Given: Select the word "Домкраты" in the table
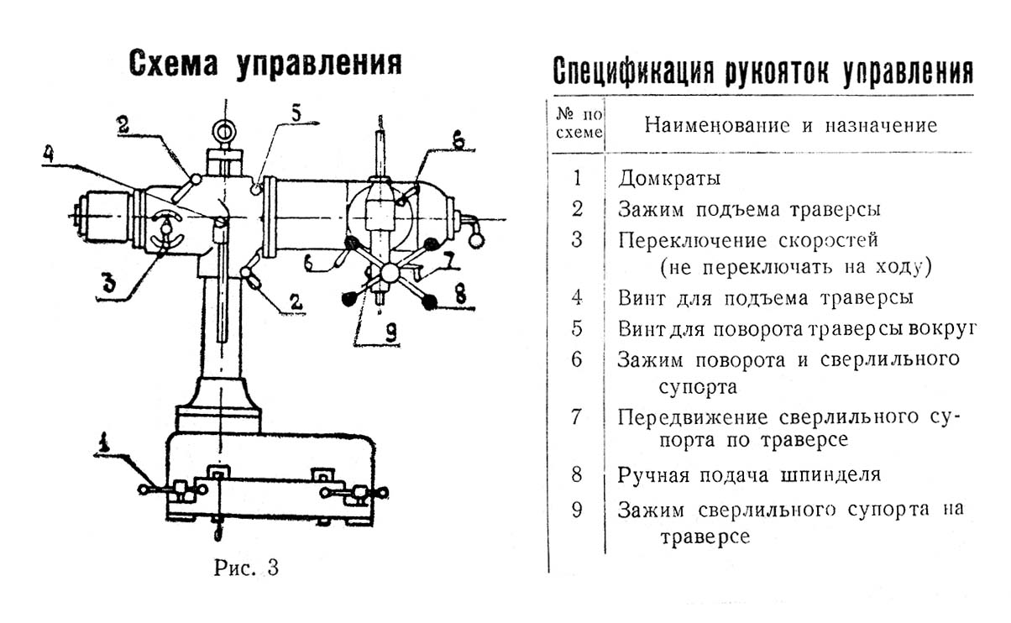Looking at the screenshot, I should click(669, 179).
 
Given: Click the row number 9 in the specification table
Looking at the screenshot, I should click(576, 510).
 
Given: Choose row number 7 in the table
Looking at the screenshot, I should click(576, 417).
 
